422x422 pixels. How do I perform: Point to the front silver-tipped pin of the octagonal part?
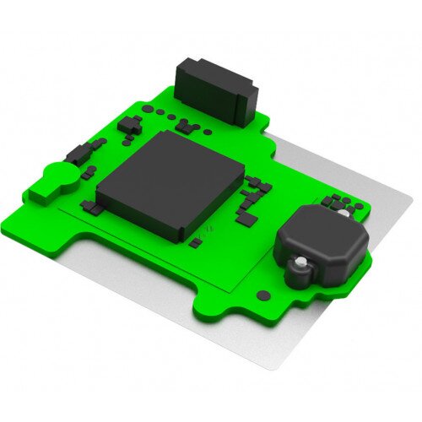coord(297,270)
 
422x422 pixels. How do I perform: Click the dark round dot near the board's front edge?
coord(263,295)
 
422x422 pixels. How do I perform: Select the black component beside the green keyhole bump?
coord(78,154)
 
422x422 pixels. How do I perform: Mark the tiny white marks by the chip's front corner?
coord(210,229)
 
